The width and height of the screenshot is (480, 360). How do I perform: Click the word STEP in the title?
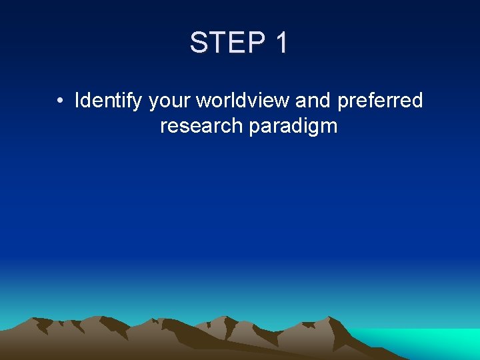click(226, 43)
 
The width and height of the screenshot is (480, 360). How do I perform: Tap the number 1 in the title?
click(281, 43)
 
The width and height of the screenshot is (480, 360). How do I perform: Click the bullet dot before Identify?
click(60, 101)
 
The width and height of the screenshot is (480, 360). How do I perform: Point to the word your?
click(169, 101)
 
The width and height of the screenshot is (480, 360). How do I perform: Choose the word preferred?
click(381, 101)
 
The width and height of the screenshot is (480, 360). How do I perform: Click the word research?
click(201, 126)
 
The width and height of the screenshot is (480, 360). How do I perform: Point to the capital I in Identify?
click(77, 101)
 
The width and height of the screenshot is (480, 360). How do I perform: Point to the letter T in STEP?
click(217, 43)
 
